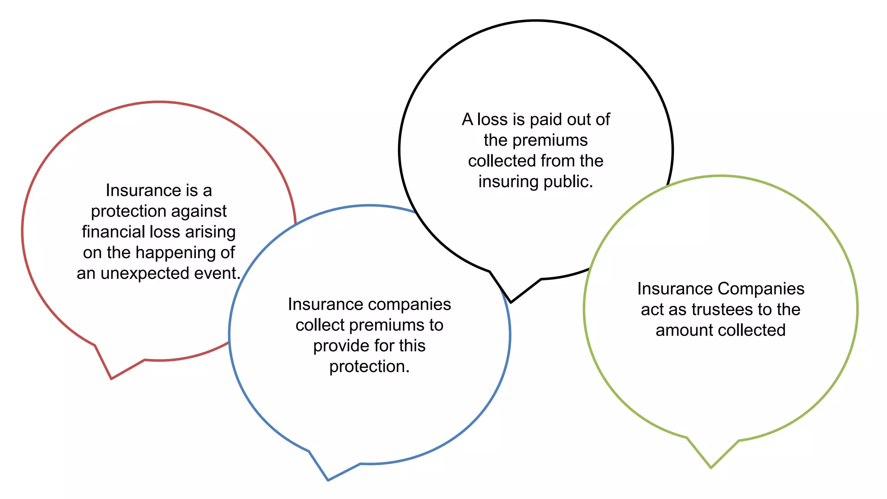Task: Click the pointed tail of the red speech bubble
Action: tap(112, 378)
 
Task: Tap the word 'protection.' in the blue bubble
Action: tap(369, 367)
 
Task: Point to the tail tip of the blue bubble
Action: tap(328, 480)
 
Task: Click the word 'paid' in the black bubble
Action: tap(548, 120)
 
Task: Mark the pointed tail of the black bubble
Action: tap(511, 301)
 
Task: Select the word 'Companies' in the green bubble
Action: tap(761, 289)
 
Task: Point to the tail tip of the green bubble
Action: tap(711, 467)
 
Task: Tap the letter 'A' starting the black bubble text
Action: tap(467, 120)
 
